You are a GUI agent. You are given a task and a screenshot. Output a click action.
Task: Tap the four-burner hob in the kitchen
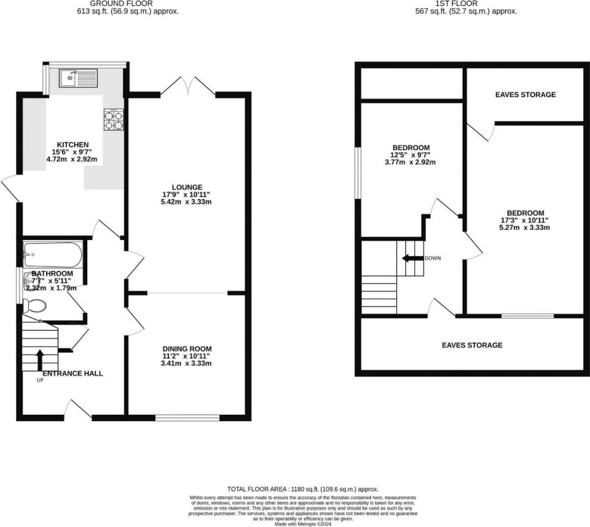[113, 119]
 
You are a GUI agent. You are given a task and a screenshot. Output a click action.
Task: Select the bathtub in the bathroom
[53, 253]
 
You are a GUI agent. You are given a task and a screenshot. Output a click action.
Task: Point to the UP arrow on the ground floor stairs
[39, 359]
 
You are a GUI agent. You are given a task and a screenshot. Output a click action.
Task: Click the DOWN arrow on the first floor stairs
[412, 258]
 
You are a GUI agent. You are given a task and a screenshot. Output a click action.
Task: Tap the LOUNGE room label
[186, 187]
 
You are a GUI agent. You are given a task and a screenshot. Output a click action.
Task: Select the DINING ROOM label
[186, 349]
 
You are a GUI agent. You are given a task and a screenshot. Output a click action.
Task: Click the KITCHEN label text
[72, 145]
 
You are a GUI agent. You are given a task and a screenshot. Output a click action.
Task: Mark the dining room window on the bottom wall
[187, 416]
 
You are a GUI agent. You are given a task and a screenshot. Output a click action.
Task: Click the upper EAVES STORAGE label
[525, 94]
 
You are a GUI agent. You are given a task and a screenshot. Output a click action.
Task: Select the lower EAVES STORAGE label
[472, 345]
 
